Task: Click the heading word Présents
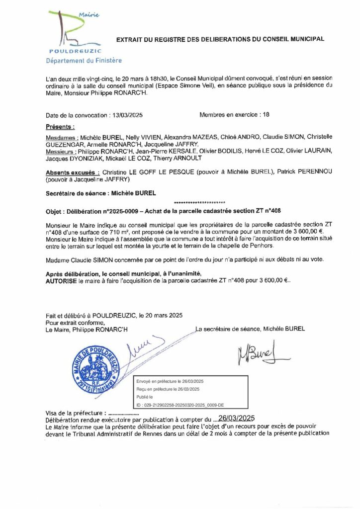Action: pyautogui.click(x=60, y=127)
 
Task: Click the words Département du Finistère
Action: pyautogui.click(x=84, y=61)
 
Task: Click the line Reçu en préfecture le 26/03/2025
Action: pyautogui.click(x=168, y=389)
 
